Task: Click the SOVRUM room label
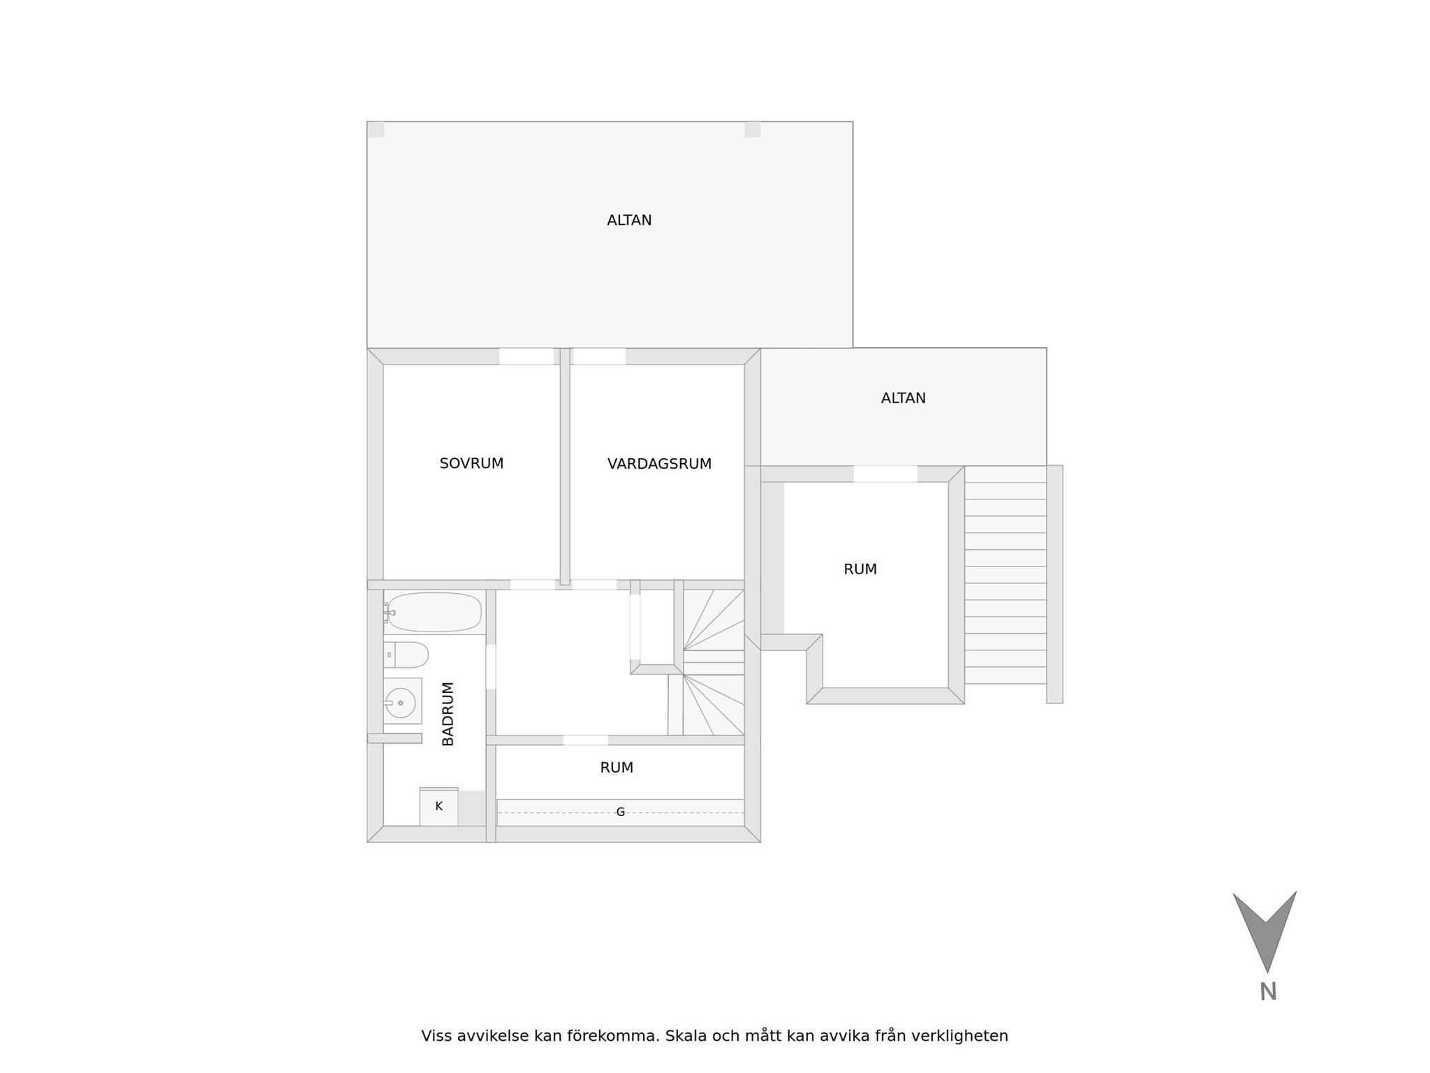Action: point(471,463)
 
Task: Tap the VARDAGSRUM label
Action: point(659,464)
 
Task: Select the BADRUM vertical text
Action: point(448,713)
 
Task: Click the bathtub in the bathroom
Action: point(434,612)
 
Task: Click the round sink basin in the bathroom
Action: point(401,702)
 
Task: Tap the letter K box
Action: point(438,807)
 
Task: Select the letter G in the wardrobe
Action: point(620,812)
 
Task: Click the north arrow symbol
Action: point(1265,929)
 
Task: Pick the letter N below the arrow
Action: point(1268,992)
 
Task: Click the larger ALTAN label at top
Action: point(629,220)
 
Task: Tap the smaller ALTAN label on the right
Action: point(903,398)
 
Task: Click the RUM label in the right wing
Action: point(860,569)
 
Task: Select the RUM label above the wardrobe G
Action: point(617,768)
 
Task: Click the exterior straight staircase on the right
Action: point(1005,575)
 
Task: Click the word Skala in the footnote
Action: point(683,1036)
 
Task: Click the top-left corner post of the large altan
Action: point(376,130)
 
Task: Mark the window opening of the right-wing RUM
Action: point(885,474)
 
